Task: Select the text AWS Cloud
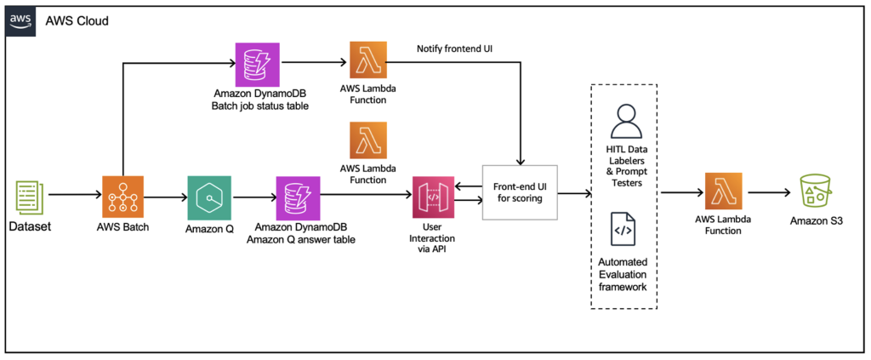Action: point(77,21)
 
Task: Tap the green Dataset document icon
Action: point(28,196)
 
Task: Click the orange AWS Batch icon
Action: point(123,197)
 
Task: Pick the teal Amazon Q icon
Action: point(208,197)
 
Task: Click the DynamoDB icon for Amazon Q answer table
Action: point(298,197)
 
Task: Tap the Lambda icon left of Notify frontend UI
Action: point(367,62)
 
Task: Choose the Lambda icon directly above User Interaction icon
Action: point(367,141)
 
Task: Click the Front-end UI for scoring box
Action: point(519,192)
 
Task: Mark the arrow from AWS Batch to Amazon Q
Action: point(166,197)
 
